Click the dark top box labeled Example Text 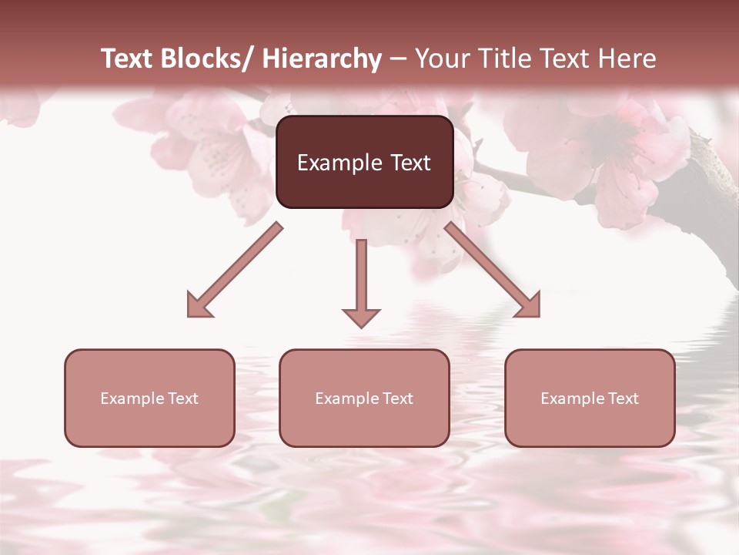tap(364, 162)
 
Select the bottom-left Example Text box tap(149, 398)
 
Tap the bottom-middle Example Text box tap(364, 398)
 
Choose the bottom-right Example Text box tap(590, 398)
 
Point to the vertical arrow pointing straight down tap(361, 281)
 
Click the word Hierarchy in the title tap(322, 59)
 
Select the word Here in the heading tap(629, 59)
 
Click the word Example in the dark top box tap(333, 163)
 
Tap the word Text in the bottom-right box tap(623, 398)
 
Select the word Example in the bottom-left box tap(132, 398)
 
